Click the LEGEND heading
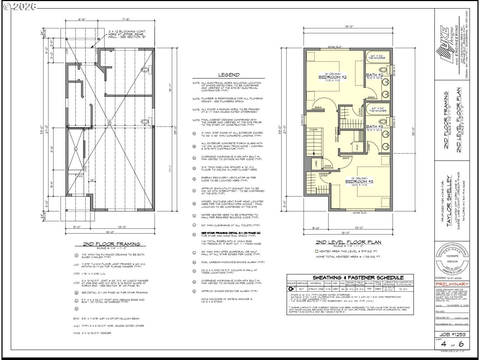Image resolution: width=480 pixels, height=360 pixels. [228, 75]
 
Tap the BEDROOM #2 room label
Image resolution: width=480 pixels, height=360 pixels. [332, 77]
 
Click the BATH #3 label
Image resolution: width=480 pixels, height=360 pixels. [374, 127]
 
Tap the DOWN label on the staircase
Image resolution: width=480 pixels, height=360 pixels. [313, 129]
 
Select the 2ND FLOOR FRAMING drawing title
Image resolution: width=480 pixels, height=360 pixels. [112, 244]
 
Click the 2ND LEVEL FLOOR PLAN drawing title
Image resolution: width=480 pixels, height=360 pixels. [348, 242]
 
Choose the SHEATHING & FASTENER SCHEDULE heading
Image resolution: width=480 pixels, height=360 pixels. [358, 278]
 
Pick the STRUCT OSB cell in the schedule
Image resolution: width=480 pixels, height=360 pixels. [316, 289]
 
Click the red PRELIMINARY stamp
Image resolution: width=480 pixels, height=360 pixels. [452, 284]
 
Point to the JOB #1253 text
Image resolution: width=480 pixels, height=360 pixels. [452, 335]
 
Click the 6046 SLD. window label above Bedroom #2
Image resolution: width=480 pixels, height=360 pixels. [335, 47]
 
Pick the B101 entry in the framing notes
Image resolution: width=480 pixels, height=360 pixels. [76, 319]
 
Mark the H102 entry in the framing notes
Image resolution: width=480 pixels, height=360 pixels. [76, 333]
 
